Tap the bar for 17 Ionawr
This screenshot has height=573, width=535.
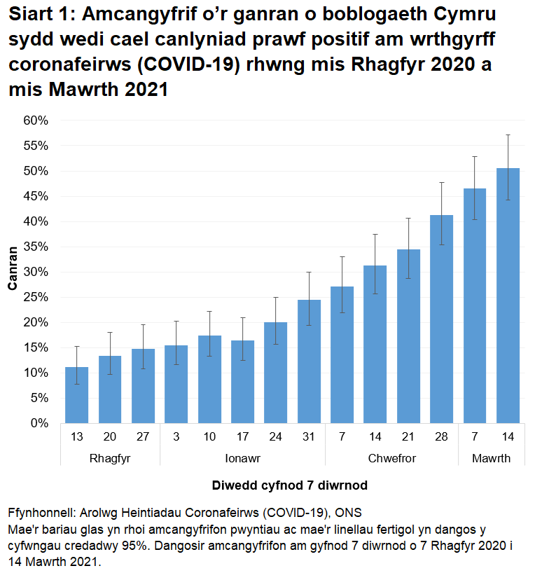[243, 381]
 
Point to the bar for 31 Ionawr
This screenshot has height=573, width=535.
[309, 361]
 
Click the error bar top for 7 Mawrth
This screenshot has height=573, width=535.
[475, 157]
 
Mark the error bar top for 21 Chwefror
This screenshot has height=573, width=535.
[408, 219]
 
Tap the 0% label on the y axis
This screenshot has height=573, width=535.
[39, 423]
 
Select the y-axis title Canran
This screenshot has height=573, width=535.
[13, 272]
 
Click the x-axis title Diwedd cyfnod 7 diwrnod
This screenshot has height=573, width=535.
[289, 485]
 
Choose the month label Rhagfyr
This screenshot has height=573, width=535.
[110, 459]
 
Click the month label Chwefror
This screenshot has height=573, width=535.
[391, 459]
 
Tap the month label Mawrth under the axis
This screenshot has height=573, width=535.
[491, 459]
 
